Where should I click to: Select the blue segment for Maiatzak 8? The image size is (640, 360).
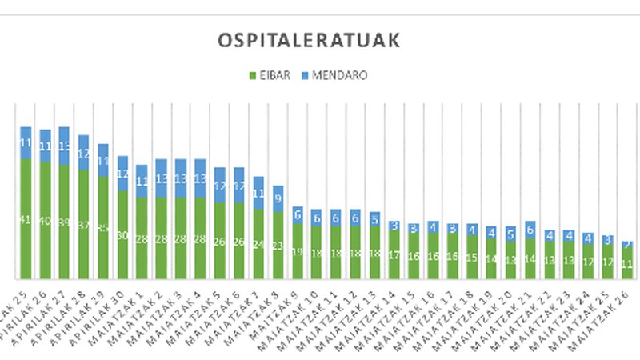[278, 198]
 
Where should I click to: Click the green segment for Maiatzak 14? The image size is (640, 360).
[394, 254]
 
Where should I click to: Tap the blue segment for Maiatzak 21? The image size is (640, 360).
[530, 229]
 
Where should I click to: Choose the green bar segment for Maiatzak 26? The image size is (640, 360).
[627, 263]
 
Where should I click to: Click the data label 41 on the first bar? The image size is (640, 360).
[26, 218]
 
